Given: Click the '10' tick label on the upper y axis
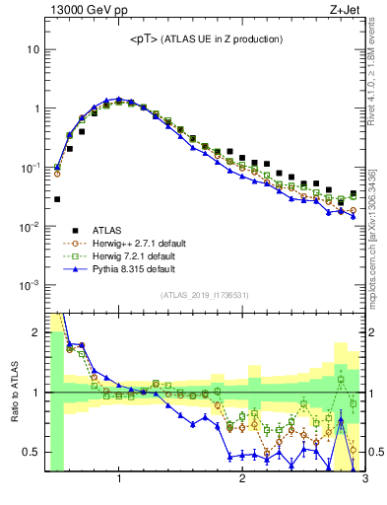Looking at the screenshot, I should click(32, 49).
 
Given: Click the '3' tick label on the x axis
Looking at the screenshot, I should click(364, 480).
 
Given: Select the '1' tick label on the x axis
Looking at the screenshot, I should click(119, 480).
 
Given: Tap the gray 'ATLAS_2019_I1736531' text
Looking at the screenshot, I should click(204, 296).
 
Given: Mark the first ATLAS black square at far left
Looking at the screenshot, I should click(57, 199).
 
